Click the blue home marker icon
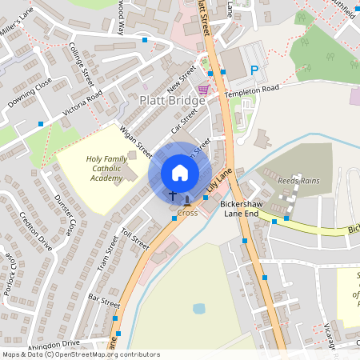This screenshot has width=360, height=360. coord(180,173)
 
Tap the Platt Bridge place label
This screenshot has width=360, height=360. coord(173,101)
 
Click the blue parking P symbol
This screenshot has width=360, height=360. coord(254,71)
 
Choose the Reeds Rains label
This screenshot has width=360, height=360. coord(298,181)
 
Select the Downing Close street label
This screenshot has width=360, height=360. coord(30,93)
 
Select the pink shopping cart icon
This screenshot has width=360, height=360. coord(203,90)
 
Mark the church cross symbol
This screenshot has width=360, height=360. coord(172,196)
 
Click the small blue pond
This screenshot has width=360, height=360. coord(198,308)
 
